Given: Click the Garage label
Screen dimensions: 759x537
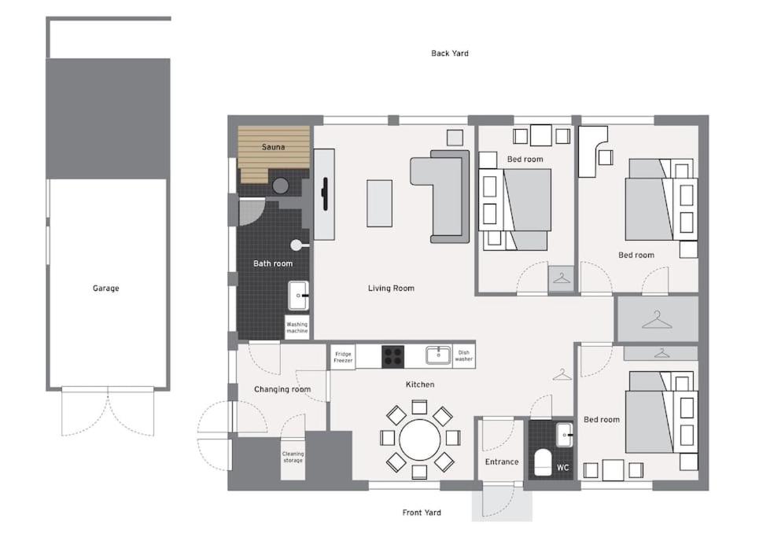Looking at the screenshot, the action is click(105, 289).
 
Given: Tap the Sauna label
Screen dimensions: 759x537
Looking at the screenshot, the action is click(273, 147).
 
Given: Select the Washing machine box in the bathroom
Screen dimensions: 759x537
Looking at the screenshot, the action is click(297, 328).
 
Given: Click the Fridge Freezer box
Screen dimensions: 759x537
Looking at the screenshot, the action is click(343, 358).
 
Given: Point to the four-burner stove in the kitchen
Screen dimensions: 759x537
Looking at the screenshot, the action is click(392, 357).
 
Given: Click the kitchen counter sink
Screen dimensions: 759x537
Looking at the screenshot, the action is click(438, 355).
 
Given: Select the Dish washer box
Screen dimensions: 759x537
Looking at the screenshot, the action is click(464, 356).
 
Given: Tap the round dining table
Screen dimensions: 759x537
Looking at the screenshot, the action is click(420, 440).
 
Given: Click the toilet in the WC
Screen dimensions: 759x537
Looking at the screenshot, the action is click(543, 463).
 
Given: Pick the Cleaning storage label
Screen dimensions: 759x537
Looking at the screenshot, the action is click(293, 457).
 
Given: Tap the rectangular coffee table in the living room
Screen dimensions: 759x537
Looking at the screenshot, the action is click(379, 203).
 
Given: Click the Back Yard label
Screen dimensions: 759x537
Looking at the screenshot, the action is click(450, 53).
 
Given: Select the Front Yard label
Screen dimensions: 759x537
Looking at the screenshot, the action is click(422, 513).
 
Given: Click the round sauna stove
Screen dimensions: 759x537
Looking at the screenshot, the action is click(280, 186).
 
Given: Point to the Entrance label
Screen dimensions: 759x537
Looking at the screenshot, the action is click(502, 462).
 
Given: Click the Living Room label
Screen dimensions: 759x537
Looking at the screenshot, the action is click(391, 289).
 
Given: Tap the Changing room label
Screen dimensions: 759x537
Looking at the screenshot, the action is click(282, 389).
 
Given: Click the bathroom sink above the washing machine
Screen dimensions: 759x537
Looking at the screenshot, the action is click(299, 295).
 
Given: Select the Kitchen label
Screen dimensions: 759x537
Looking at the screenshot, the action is click(420, 384).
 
